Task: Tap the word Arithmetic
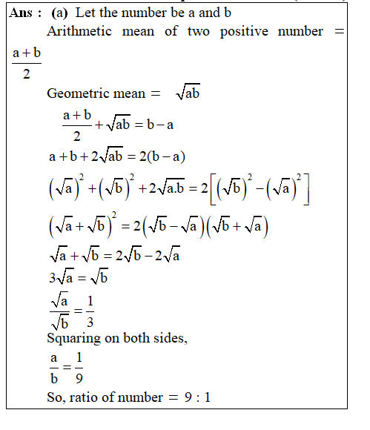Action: tap(79, 31)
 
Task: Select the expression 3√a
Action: tap(62, 279)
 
